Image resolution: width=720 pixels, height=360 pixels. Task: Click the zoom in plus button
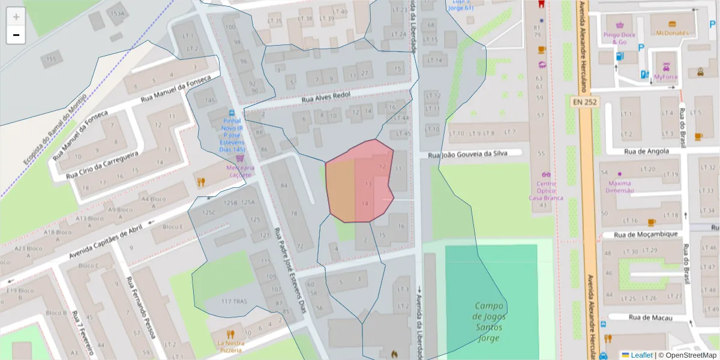(x=16, y=17)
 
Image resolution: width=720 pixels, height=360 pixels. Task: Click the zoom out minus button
(x=16, y=35)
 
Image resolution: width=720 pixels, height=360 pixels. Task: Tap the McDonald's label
(x=672, y=33)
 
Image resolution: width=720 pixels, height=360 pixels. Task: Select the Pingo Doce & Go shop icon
(x=619, y=25)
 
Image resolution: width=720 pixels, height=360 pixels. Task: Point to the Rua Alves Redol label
(x=325, y=97)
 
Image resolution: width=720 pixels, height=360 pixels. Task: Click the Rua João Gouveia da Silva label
(x=467, y=154)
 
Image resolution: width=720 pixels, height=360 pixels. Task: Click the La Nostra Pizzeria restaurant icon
(x=230, y=334)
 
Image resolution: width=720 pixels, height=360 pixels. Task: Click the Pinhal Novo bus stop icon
(x=232, y=113)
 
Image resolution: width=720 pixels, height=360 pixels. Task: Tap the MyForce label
(x=666, y=77)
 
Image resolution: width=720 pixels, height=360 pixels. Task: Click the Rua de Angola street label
(x=646, y=152)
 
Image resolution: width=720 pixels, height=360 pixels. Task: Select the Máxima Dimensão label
(x=620, y=187)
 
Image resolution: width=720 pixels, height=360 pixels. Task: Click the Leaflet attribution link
(x=641, y=355)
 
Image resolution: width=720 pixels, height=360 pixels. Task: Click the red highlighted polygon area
(x=359, y=183)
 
